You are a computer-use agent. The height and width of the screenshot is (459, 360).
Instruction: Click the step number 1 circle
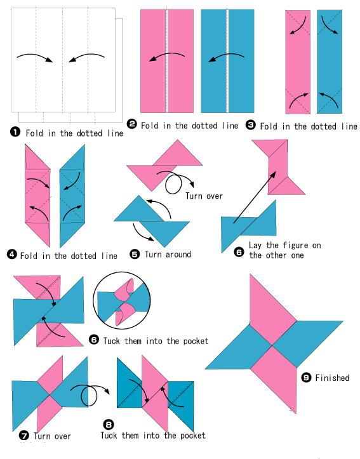point(15,131)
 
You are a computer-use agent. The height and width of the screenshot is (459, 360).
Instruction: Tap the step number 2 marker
point(131,124)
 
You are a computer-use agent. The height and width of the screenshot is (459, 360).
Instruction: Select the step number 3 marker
point(251,124)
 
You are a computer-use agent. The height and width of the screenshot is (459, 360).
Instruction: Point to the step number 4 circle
point(11,254)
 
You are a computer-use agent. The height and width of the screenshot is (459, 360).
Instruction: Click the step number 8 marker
point(109,425)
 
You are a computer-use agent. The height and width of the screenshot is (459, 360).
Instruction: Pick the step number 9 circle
point(306,377)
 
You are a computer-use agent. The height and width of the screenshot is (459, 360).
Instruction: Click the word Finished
point(332,378)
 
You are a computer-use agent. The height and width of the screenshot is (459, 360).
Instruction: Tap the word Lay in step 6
point(256,245)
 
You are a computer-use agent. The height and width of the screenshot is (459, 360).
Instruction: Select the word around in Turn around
point(178,255)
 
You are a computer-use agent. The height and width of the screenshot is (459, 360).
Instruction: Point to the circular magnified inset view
point(122,301)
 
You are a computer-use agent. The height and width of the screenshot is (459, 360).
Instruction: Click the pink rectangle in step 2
point(167,61)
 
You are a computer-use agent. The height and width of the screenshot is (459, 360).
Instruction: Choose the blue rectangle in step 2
point(227,61)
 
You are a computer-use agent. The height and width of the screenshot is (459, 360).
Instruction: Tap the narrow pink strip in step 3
point(298,62)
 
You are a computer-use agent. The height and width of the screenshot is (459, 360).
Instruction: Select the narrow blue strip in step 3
point(330,62)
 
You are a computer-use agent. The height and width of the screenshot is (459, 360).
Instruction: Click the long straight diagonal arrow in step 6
point(255,197)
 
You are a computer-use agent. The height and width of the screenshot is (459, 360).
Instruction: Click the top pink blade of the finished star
point(273,310)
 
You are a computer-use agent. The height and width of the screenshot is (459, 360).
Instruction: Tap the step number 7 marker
point(24,436)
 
